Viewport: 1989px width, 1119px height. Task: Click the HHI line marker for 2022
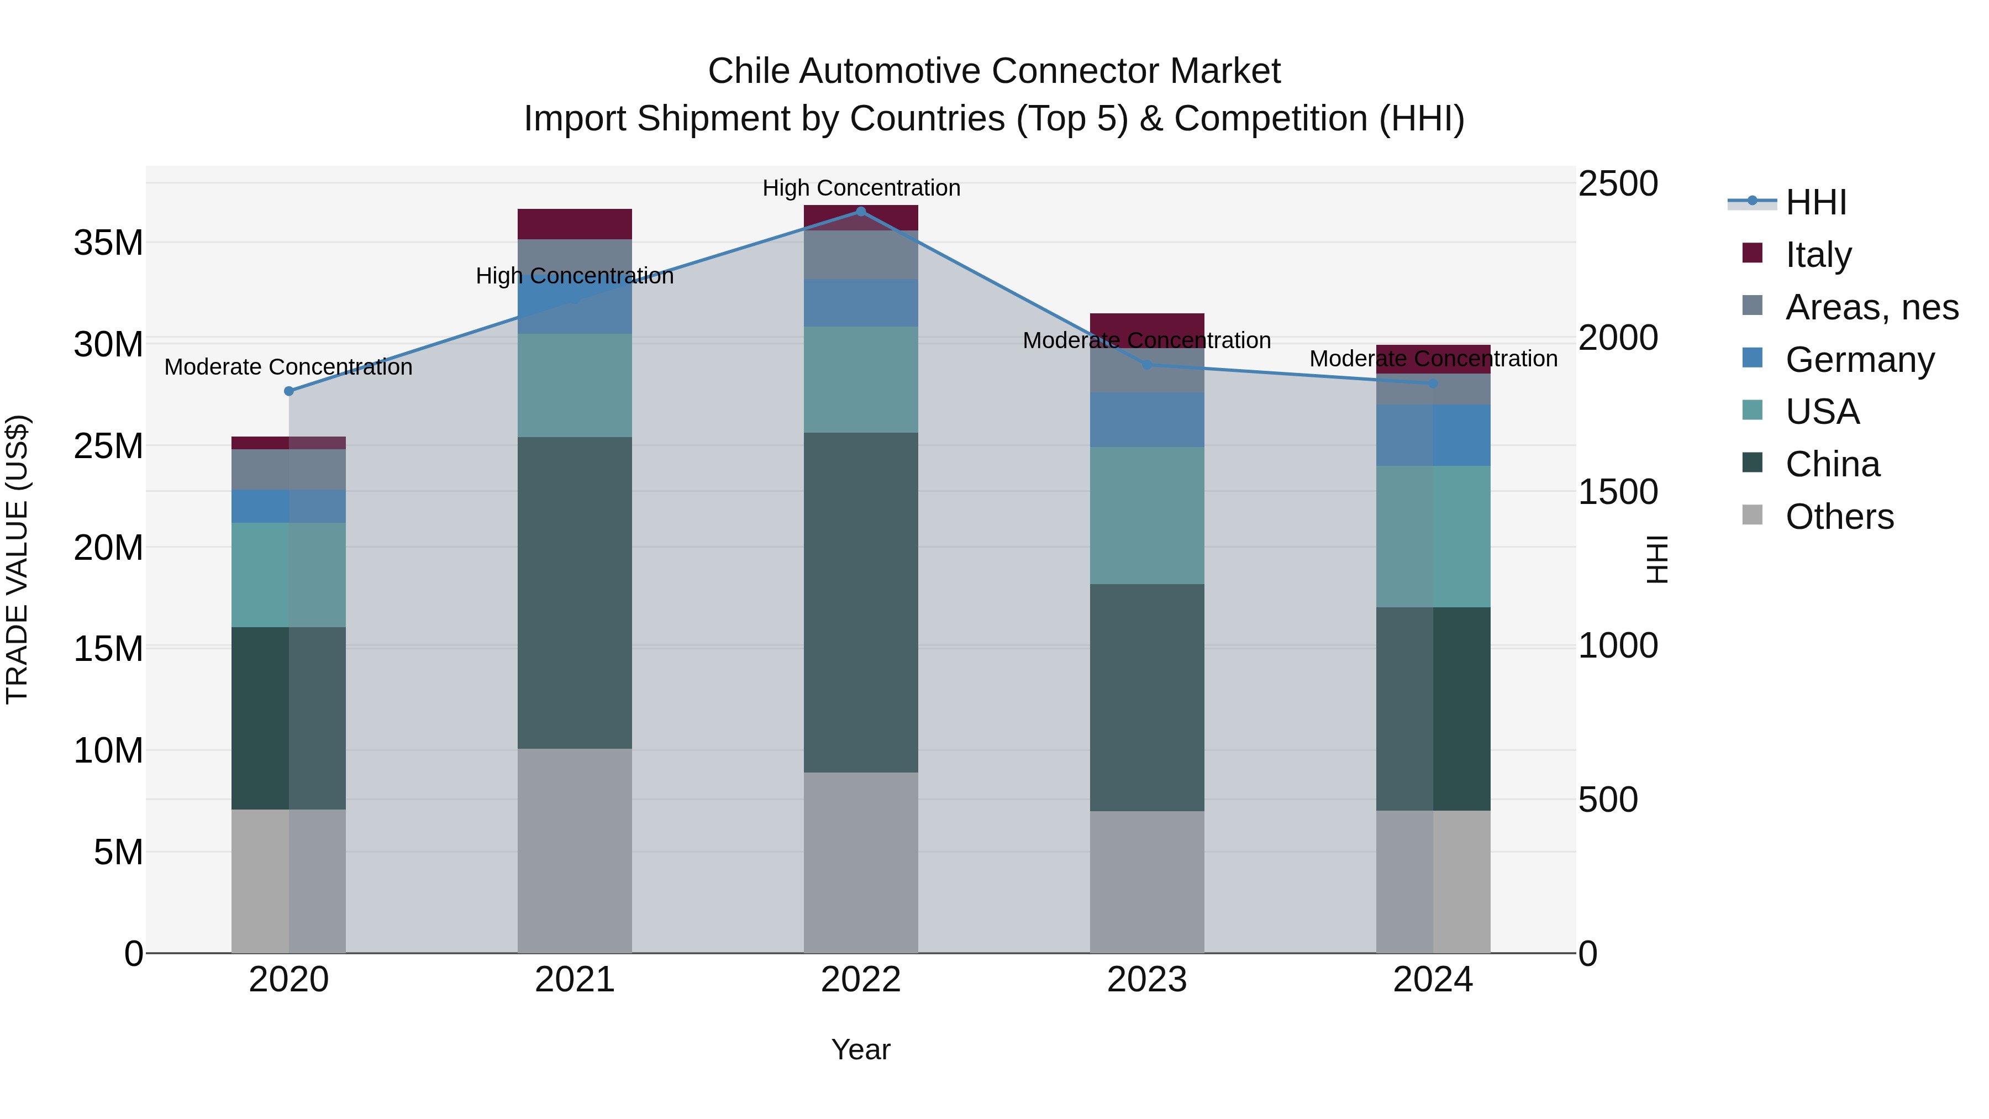(x=861, y=211)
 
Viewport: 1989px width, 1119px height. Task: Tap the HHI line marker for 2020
(x=289, y=391)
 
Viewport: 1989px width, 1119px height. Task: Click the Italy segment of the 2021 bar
(x=575, y=224)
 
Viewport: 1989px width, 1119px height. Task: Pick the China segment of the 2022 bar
(x=861, y=602)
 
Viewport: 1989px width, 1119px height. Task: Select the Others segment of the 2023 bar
(x=1146, y=881)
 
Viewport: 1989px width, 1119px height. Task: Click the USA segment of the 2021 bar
(x=575, y=385)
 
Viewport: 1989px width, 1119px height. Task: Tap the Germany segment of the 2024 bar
(x=1433, y=435)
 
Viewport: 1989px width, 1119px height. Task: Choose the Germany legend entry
(x=1859, y=360)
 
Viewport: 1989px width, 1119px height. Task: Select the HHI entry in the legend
(x=1816, y=202)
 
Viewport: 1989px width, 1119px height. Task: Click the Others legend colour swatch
(x=1753, y=515)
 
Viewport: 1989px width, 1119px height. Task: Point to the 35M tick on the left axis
(x=108, y=243)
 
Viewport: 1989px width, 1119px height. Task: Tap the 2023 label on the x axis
(x=1146, y=980)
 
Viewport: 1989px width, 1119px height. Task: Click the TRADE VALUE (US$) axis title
(x=17, y=559)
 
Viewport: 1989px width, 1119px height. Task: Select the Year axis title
(x=860, y=1049)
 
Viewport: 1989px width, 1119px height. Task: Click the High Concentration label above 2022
(x=861, y=188)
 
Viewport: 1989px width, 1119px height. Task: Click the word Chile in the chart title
(x=748, y=71)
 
